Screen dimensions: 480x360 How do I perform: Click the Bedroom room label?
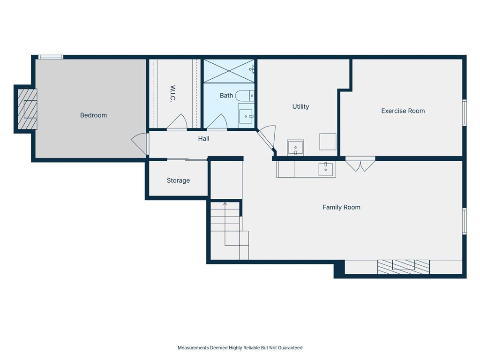click(93, 115)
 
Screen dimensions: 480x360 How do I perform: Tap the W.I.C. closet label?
click(172, 93)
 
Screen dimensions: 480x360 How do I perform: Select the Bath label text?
click(226, 96)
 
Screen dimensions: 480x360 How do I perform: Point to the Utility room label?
click(300, 106)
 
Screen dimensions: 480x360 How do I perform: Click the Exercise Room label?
click(403, 111)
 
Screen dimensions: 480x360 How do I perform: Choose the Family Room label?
click(341, 207)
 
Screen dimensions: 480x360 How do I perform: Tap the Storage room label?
click(178, 180)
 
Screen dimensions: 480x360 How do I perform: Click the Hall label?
click(203, 139)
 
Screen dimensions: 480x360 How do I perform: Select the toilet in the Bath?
click(245, 96)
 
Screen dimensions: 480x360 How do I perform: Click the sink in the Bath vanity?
click(246, 116)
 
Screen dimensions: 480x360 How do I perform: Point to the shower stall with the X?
click(229, 71)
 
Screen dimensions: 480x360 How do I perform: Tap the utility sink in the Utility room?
click(295, 148)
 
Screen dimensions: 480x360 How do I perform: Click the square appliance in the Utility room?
click(328, 142)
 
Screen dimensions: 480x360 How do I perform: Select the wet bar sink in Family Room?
click(326, 169)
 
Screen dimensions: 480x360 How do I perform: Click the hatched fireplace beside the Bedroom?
click(27, 109)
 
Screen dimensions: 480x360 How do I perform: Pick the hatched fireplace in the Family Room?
click(404, 267)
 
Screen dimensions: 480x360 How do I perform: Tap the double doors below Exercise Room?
click(360, 164)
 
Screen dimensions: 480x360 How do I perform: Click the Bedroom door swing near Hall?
click(140, 144)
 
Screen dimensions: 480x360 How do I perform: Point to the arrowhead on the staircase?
click(225, 203)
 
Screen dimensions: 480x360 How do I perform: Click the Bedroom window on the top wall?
click(51, 57)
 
